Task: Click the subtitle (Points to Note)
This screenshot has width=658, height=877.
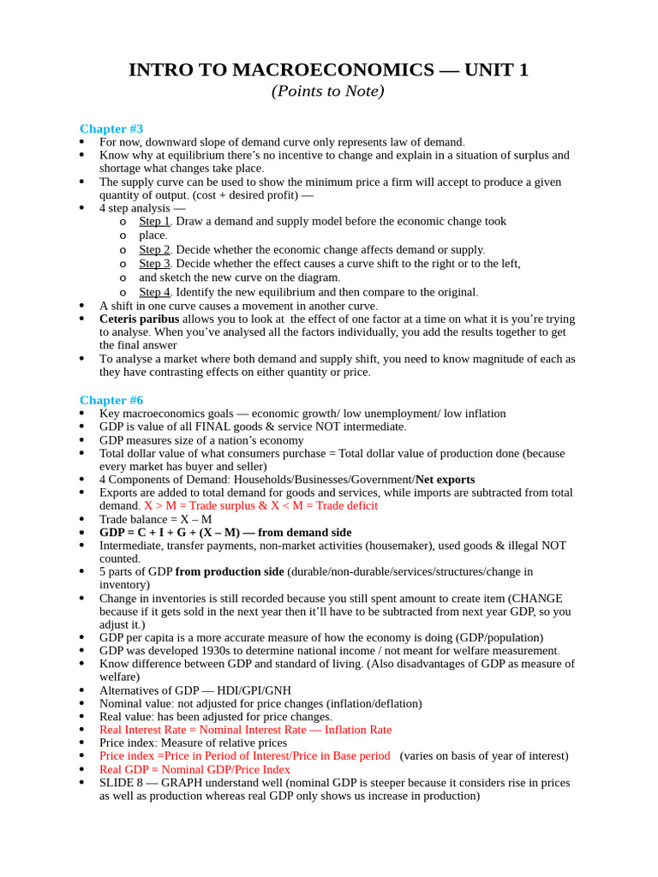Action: pos(328,91)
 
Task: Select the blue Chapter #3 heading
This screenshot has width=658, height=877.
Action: pos(111,128)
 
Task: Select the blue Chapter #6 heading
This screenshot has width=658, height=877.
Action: pos(111,400)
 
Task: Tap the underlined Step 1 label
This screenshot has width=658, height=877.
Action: pos(154,221)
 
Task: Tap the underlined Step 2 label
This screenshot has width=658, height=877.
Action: pos(154,249)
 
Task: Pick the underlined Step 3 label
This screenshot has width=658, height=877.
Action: pos(154,264)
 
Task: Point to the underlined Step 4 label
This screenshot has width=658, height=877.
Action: pos(154,292)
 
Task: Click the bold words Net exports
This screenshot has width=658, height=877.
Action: pos(445,480)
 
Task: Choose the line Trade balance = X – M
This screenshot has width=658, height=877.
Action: pos(155,519)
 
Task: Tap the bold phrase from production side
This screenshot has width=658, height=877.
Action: pos(230,571)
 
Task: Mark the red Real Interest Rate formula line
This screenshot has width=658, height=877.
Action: pos(245,730)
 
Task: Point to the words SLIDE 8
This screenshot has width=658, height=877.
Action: pos(123,783)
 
